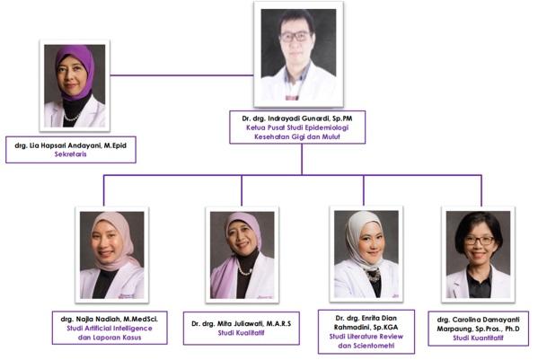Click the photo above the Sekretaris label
click(x=75, y=85)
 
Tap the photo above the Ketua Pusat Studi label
click(x=298, y=54)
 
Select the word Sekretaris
click(x=70, y=154)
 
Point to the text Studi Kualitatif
click(x=242, y=333)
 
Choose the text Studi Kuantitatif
click(x=478, y=338)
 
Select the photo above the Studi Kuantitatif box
click(x=479, y=254)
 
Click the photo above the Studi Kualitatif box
click(x=243, y=255)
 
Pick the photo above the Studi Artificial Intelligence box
click(x=112, y=255)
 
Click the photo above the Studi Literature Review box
click(x=366, y=254)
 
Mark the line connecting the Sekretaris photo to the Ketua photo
click(x=181, y=75)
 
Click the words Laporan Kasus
click(x=119, y=338)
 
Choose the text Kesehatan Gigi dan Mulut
click(x=297, y=136)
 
